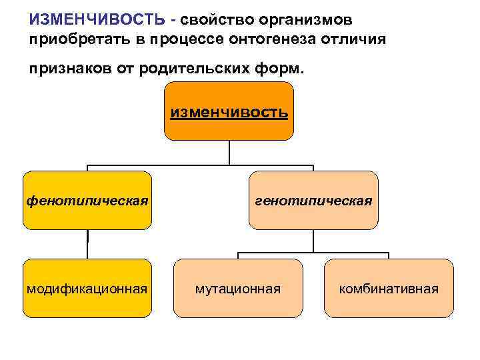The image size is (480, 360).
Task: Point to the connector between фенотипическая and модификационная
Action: [87, 244]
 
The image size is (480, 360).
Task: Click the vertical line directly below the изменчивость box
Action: [229, 152]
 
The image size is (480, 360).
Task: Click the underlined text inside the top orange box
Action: [229, 112]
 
